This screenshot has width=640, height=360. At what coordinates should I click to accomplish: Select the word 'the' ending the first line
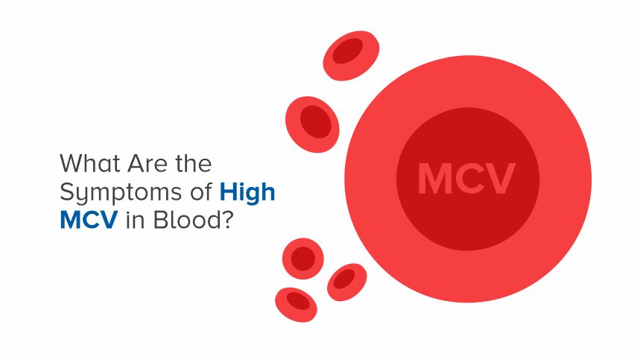tap(193, 162)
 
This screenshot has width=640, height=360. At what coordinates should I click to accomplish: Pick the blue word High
tap(247, 192)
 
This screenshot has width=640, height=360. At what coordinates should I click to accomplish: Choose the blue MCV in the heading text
tap(88, 221)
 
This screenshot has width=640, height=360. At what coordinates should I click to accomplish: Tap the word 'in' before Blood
tap(133, 221)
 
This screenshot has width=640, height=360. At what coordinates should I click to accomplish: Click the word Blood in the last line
tap(181, 221)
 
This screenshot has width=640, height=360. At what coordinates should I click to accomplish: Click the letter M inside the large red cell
tap(434, 179)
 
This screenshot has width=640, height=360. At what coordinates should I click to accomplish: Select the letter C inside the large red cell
tap(469, 179)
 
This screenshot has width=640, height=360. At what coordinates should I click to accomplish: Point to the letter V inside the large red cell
tap(501, 179)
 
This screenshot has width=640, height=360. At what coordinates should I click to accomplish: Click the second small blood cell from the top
tap(313, 123)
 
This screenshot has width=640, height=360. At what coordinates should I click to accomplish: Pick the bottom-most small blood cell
tap(296, 303)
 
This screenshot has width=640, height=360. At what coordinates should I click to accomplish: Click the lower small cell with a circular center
tap(303, 259)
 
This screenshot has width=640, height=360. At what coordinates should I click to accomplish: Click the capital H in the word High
tap(228, 192)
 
